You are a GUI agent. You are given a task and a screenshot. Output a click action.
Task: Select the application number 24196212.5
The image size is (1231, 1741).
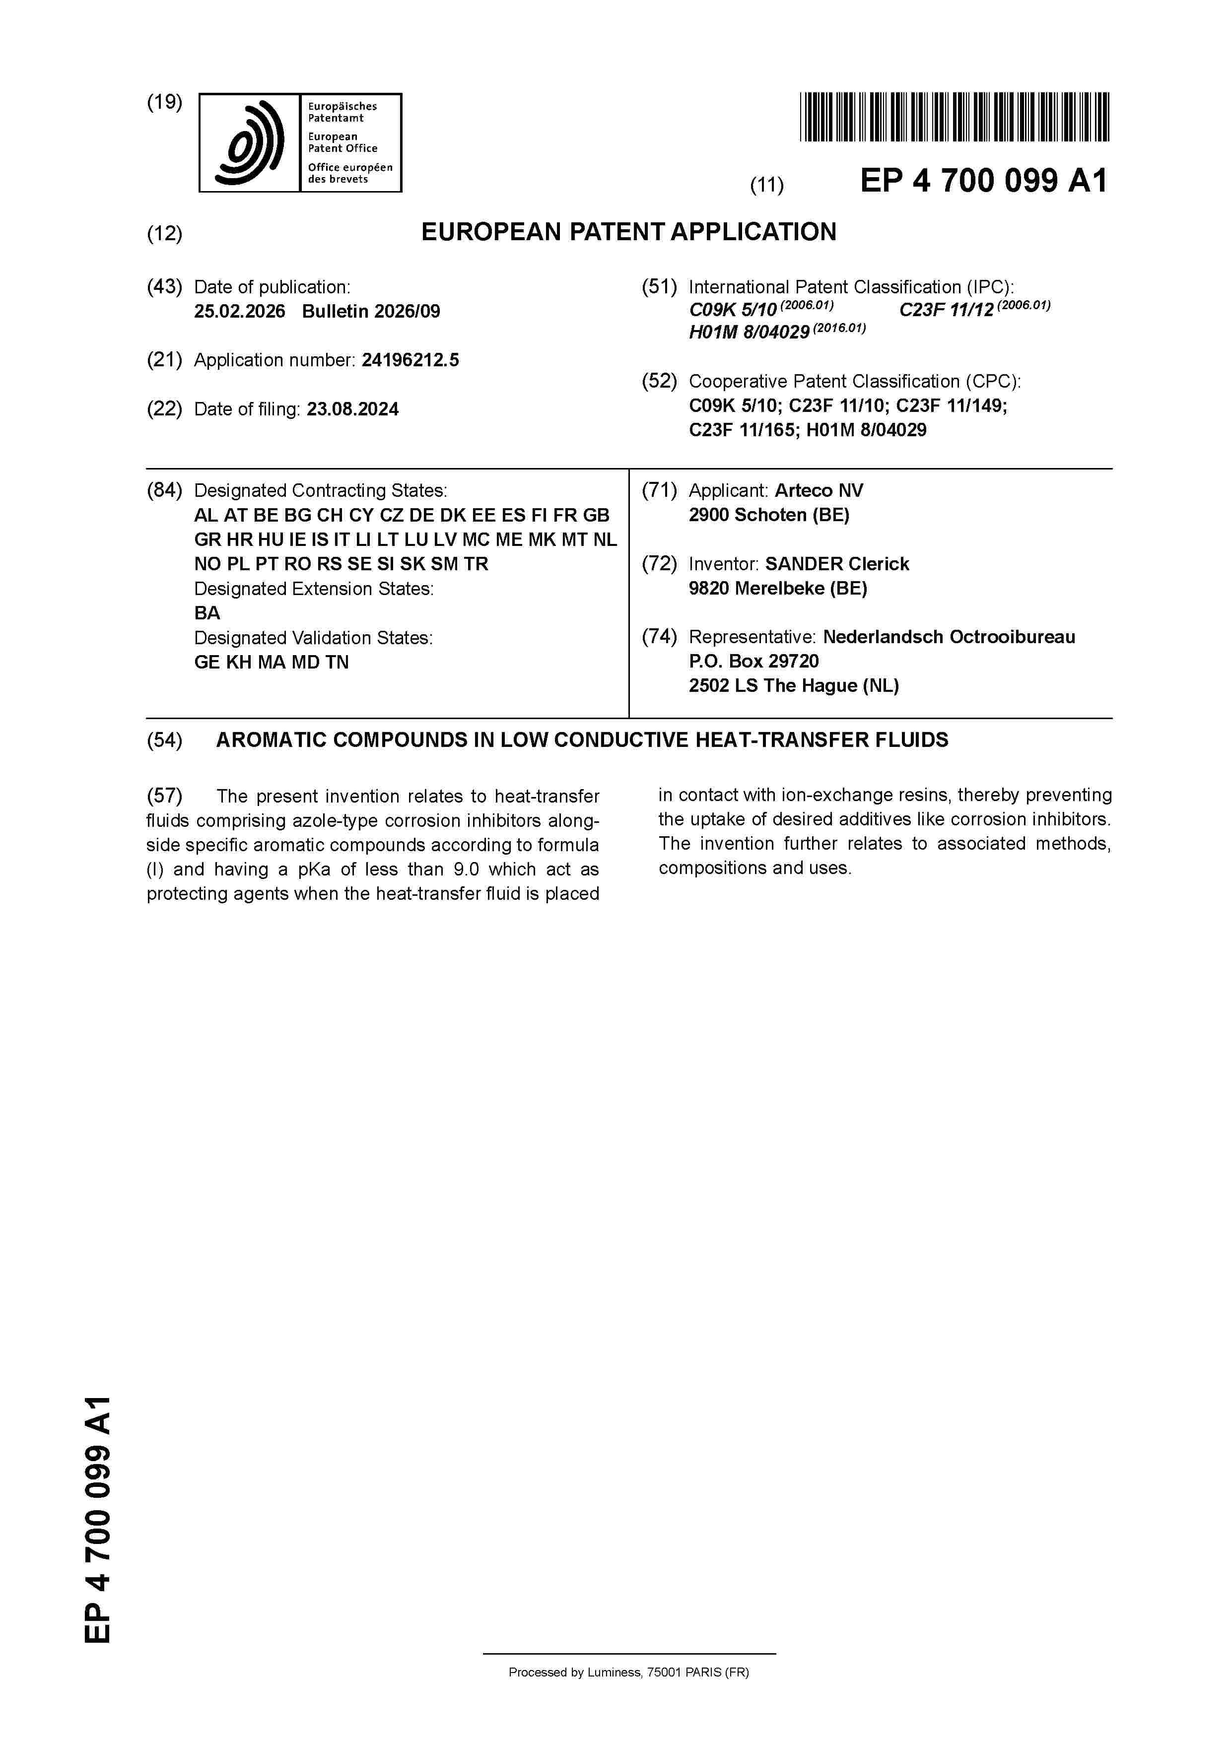coord(410,360)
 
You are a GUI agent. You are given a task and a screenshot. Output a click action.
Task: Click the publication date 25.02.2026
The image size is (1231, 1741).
coord(240,312)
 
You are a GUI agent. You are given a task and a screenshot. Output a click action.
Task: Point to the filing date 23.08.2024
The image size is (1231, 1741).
coord(353,409)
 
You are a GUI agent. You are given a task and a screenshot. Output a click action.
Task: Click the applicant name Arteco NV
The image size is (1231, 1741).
coord(819,491)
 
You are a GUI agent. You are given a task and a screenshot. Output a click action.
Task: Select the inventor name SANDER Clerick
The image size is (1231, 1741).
coord(836,564)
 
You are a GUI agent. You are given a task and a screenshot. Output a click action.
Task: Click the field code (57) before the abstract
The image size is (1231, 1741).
coord(165,796)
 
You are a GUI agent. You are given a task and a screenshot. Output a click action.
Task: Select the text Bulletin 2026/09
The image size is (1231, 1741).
coord(371,312)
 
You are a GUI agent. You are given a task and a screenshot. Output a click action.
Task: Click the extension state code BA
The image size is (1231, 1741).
coord(207,613)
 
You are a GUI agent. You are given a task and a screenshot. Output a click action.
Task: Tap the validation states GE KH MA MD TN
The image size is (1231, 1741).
coord(272,662)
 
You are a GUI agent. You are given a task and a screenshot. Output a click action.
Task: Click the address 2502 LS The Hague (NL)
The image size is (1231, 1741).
coord(793,685)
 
